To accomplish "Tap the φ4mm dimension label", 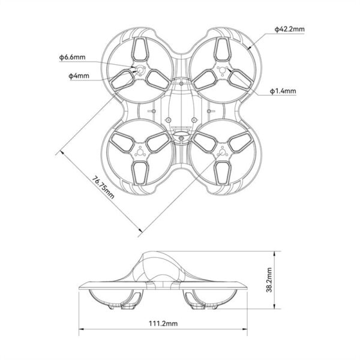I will pos(78,75).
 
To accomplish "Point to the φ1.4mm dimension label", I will pos(282,91).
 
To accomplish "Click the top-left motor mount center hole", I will pos(141,71).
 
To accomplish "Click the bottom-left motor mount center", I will pos(141,152).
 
